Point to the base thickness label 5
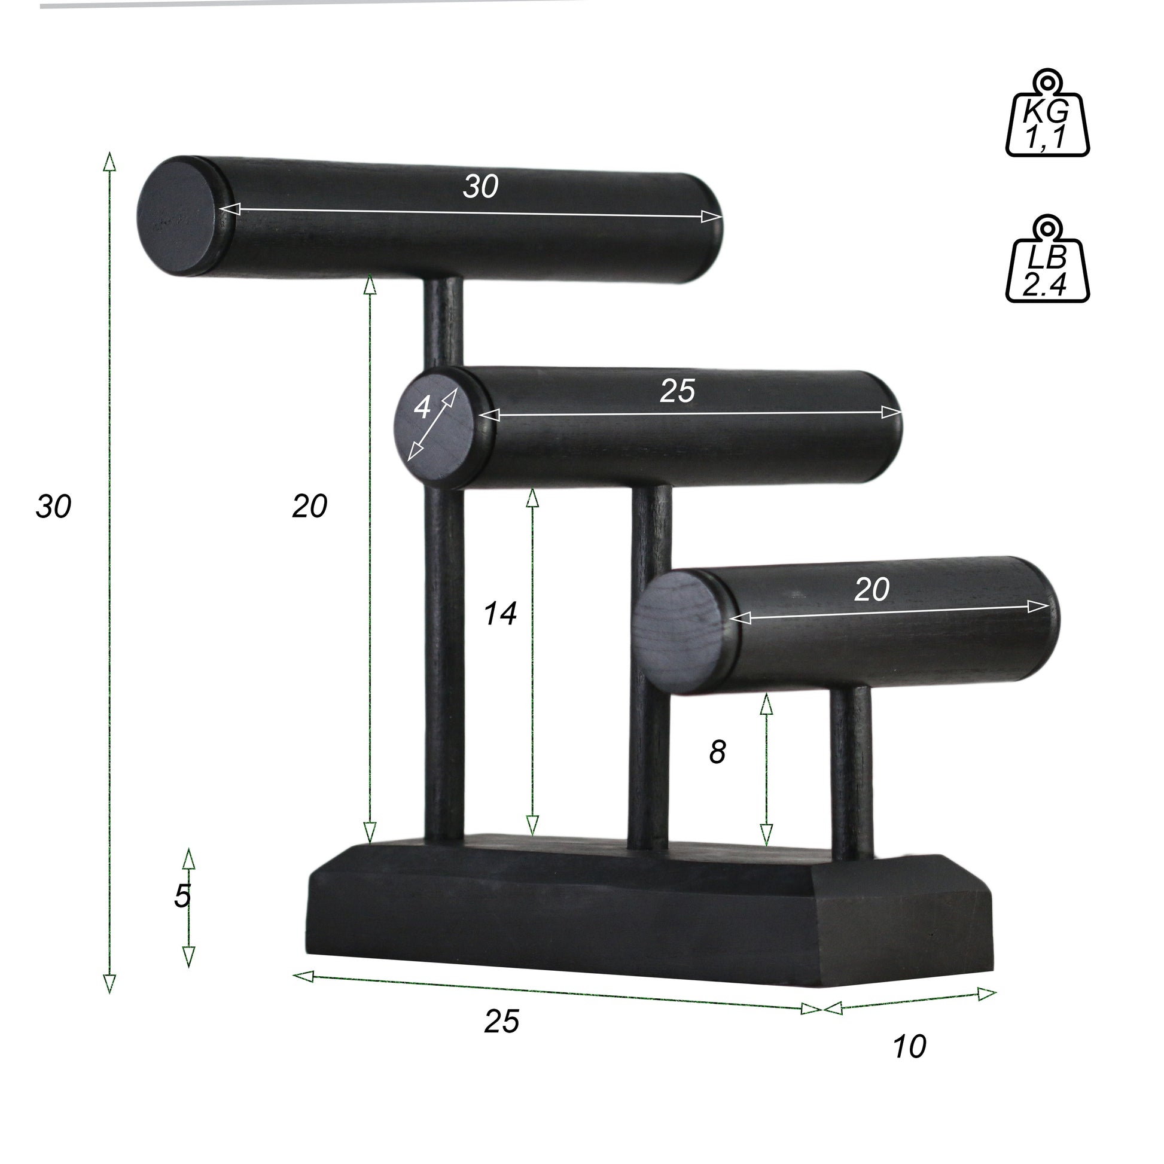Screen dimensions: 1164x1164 coord(182,897)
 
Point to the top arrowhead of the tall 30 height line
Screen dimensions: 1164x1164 coord(109,160)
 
